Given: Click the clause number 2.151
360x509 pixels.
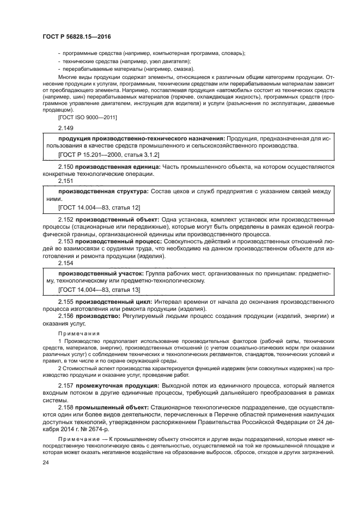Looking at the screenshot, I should tap(66, 180).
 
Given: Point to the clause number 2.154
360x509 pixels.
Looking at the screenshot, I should tap(66, 262).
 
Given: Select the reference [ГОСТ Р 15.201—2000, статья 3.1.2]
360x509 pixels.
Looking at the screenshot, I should tap(104, 155).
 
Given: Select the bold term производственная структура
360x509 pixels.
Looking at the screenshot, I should tap(103, 192).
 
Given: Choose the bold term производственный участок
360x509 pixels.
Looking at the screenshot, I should tap(101, 273).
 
